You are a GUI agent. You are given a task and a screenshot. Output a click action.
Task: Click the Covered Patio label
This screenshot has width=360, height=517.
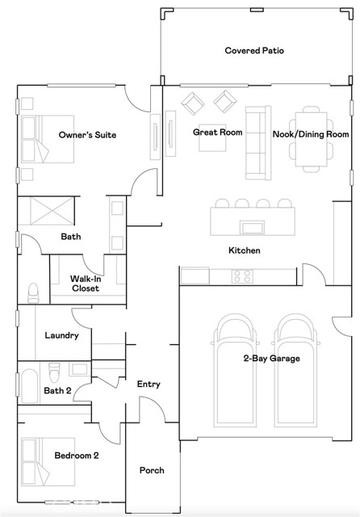point(254,50)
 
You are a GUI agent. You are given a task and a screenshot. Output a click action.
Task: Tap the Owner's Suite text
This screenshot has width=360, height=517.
point(87,135)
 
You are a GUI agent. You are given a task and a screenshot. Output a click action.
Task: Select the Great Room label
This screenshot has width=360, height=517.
point(217,132)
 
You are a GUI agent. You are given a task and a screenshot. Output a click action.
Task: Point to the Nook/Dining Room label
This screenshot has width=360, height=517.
point(311,134)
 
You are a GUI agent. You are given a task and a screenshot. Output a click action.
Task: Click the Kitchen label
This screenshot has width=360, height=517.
point(244,250)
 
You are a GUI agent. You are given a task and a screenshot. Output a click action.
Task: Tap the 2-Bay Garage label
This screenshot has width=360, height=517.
point(271,358)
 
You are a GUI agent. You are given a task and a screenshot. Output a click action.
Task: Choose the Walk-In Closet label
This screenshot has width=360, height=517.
point(86,284)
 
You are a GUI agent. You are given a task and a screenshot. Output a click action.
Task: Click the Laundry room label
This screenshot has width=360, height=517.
point(61,335)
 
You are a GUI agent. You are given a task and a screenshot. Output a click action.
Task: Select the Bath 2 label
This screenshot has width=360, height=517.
point(57,391)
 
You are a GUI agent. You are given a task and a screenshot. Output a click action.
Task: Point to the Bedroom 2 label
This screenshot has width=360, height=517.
point(77,456)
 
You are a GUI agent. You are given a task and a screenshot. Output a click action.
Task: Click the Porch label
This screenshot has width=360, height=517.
point(152,470)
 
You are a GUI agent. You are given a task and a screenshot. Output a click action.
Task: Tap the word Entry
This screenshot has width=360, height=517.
point(149,385)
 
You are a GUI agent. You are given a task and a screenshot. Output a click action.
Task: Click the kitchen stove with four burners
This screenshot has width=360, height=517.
point(242,276)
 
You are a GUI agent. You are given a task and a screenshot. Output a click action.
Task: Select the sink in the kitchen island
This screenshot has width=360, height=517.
point(252,228)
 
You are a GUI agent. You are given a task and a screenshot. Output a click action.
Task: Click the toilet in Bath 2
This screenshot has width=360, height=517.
point(54,372)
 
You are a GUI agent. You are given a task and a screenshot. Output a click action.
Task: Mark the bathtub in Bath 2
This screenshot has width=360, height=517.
point(29,386)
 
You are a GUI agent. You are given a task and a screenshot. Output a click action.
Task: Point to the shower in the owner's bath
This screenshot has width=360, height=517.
point(52,211)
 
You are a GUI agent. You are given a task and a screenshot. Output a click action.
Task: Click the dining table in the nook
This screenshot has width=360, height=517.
point(311,139)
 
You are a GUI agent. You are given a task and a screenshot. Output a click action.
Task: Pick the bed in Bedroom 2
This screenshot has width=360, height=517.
point(48,462)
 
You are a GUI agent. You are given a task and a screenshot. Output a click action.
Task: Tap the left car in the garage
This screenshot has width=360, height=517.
point(235,370)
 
